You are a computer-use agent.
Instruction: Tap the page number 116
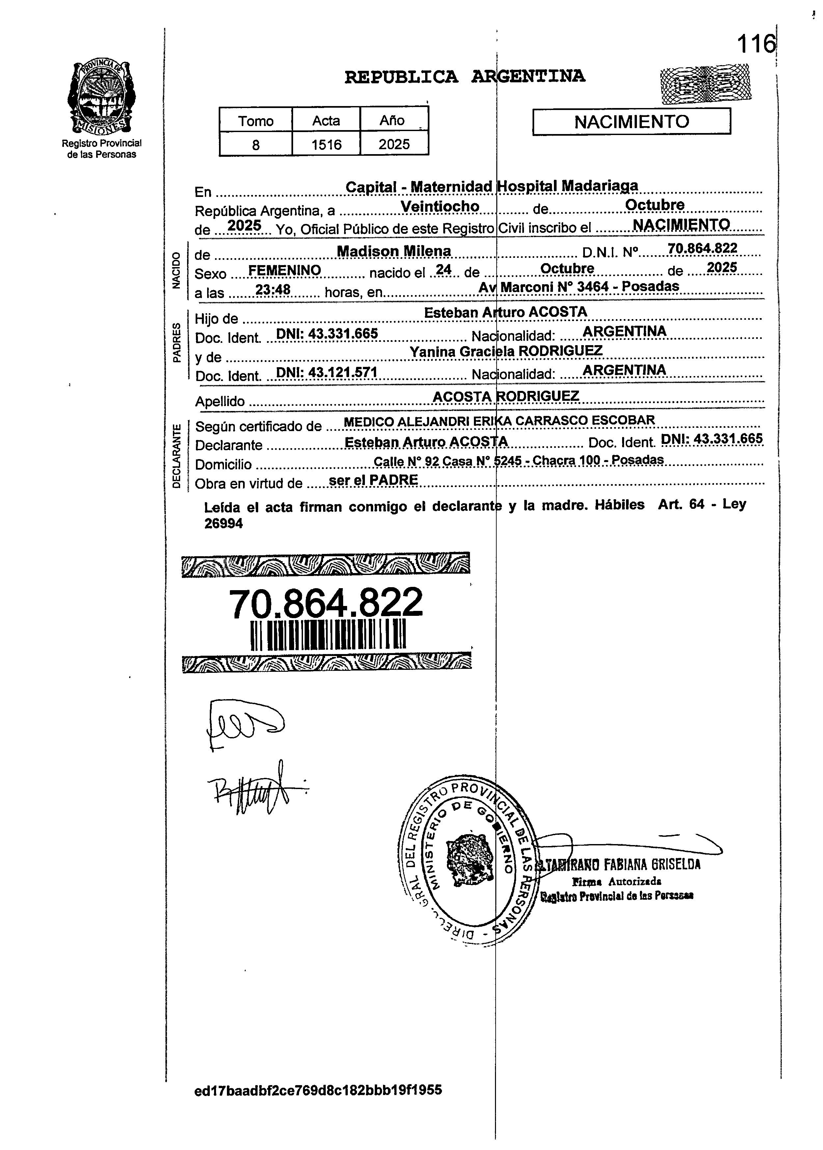(755, 44)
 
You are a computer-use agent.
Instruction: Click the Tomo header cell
(256, 121)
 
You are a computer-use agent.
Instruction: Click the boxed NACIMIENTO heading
(631, 122)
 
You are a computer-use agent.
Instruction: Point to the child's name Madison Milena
(394, 251)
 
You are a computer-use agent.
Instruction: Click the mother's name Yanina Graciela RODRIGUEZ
(506, 351)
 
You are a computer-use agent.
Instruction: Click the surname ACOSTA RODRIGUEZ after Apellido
(506, 396)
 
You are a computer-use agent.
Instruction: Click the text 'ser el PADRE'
(373, 480)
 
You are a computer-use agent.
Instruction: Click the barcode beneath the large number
(328, 635)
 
